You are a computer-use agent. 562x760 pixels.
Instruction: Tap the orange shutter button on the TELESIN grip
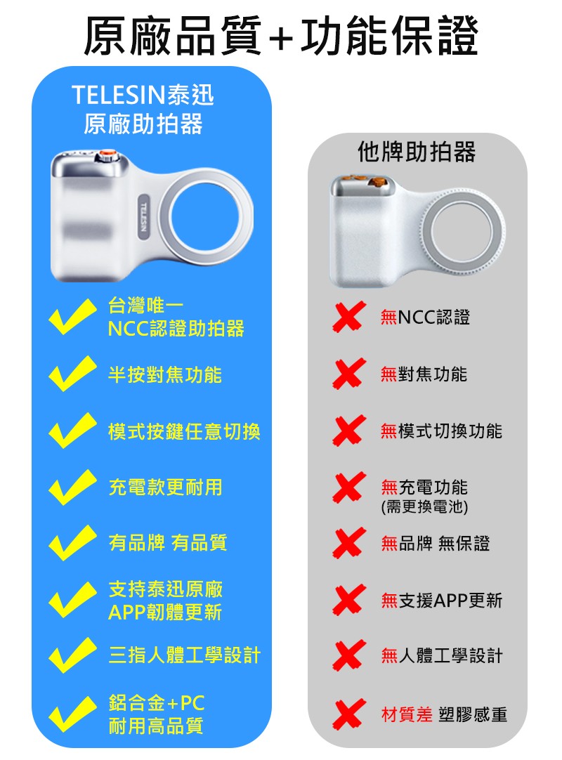[x=107, y=156]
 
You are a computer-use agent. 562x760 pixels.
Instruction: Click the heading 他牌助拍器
[x=417, y=152]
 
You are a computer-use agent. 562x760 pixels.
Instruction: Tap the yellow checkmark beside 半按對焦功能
[x=72, y=374]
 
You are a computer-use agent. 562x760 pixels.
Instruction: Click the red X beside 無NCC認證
[x=348, y=317]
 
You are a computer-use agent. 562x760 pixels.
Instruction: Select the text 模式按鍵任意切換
[x=184, y=431]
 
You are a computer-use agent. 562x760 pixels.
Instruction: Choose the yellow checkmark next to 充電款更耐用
[x=72, y=487]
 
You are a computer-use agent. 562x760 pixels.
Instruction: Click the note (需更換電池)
[x=424, y=506]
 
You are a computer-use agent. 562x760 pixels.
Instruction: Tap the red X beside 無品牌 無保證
[x=348, y=543]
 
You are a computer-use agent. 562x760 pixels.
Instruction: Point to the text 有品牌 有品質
[x=168, y=542]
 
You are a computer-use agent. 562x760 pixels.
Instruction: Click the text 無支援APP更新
[x=441, y=600]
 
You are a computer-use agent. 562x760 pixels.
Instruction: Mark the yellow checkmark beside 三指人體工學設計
[x=72, y=655]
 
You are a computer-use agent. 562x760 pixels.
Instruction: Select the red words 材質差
[x=406, y=714]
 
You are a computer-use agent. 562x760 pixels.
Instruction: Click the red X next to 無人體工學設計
[x=348, y=655]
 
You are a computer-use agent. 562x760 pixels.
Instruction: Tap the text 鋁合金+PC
[x=157, y=702]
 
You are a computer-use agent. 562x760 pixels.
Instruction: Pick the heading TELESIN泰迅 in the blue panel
[x=143, y=95]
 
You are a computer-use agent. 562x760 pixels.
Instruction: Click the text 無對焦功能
[x=424, y=374]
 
